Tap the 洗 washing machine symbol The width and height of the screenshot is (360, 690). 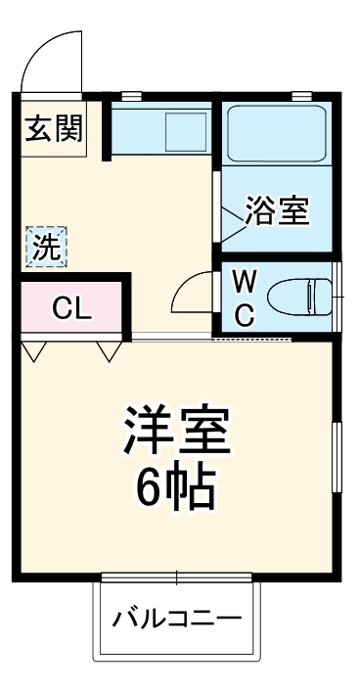[46, 247]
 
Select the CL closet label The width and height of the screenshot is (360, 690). [71, 309]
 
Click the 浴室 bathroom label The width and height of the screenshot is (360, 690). [277, 212]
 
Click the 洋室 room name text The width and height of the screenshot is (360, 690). [176, 432]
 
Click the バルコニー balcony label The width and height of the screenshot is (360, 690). [176, 619]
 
